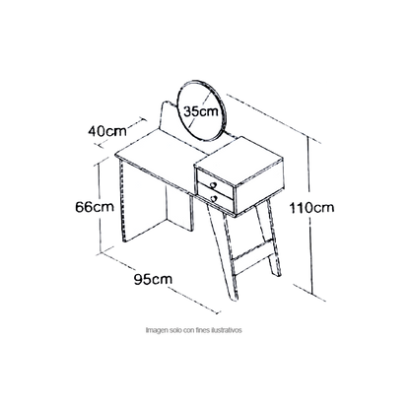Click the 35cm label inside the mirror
pyautogui.click(x=201, y=111)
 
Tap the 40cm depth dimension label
pyautogui.click(x=107, y=131)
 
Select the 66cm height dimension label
pyautogui.click(x=95, y=207)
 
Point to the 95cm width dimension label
pyautogui.click(x=153, y=279)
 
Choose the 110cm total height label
pyautogui.click(x=311, y=208)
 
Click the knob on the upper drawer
pyautogui.click(x=213, y=185)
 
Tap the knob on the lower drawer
pyautogui.click(x=214, y=198)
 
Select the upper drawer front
pyautogui.click(x=215, y=184)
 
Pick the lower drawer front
pyautogui.click(x=216, y=198)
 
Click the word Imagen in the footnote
pyautogui.click(x=155, y=330)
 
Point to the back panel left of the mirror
pyautogui.click(x=170, y=119)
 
